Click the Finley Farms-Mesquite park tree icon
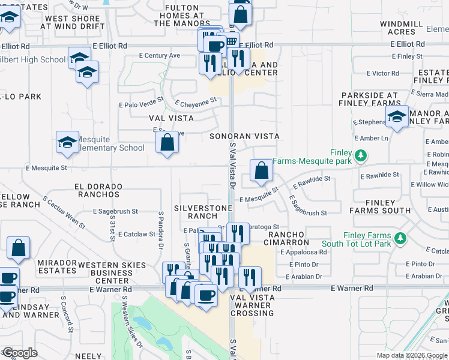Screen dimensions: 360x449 click(360, 156)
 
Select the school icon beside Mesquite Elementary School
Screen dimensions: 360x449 click(67, 142)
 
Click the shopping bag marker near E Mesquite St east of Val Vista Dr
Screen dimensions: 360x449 click(262, 170)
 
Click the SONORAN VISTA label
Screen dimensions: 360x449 click(244, 136)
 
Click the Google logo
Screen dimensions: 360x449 click(20, 353)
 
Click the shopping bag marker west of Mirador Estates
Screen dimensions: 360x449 click(19, 248)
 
